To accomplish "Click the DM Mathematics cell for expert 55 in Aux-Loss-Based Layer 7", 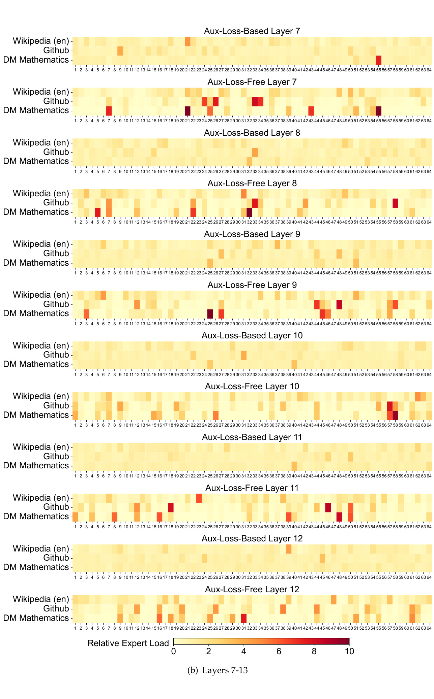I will click(x=378, y=60).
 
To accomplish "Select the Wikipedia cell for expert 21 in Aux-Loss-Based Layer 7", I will click(x=187, y=41).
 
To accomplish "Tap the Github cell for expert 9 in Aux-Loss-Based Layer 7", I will click(x=120, y=51).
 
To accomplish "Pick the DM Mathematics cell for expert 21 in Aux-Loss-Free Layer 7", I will click(x=187, y=111).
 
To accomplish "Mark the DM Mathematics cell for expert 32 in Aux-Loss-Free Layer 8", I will click(x=249, y=212).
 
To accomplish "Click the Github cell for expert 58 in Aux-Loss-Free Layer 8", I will click(x=395, y=203).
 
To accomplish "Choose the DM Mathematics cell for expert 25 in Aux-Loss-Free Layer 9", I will click(x=210, y=314).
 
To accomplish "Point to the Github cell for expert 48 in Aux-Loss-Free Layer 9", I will click(x=339, y=304).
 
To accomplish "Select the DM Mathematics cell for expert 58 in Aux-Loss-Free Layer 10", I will click(x=395, y=415).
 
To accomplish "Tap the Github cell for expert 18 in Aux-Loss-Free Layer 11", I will click(x=171, y=507).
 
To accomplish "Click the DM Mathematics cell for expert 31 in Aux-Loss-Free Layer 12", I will click(x=243, y=618).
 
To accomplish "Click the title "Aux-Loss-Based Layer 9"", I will click(x=252, y=234).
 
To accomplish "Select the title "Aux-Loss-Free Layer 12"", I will click(x=252, y=589).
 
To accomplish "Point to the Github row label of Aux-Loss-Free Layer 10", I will click(x=56, y=406).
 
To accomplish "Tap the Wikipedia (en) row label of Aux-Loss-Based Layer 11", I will click(x=41, y=447).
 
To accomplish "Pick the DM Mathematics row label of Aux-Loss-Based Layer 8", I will click(x=36, y=161).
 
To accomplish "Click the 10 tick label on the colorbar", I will click(x=349, y=651).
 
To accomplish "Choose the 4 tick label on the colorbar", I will click(x=244, y=651).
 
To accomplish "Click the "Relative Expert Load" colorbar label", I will click(x=128, y=643).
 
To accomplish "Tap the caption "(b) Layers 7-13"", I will click(x=217, y=670).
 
